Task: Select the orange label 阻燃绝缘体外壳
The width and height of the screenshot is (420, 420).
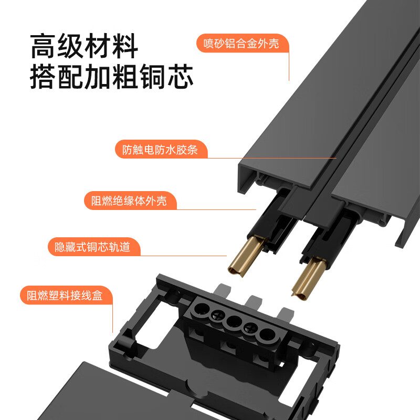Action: coord(129,201)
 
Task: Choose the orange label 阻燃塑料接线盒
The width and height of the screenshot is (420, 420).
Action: coord(65,295)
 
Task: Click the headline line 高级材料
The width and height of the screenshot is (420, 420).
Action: coord(84,46)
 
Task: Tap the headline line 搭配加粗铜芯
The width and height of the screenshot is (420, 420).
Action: coord(111,77)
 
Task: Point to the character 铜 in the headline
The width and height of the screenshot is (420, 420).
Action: coord(153,77)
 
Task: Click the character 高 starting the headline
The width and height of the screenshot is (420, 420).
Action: coord(43,46)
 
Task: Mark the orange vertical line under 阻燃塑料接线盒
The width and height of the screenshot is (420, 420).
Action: coord(113,318)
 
